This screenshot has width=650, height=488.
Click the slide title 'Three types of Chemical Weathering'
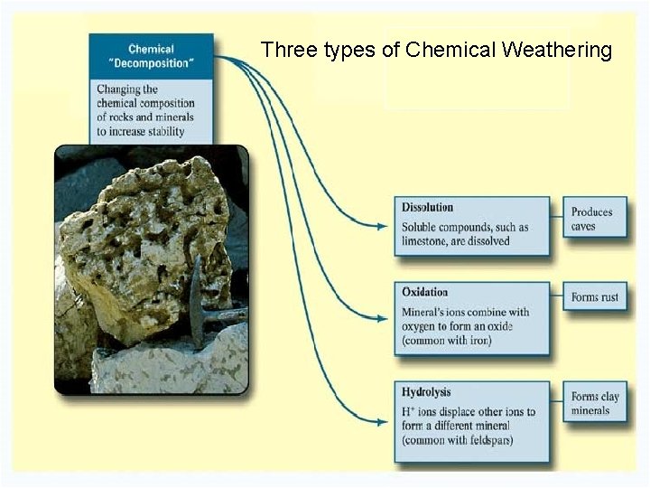coord(436,50)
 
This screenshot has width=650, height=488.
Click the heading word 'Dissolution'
coord(427,208)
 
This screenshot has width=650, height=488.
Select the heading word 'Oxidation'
coord(424,293)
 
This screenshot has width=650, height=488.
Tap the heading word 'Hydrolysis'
coord(426,393)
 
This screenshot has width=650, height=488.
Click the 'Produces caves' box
coord(594,219)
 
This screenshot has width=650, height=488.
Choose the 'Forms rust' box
coord(594,296)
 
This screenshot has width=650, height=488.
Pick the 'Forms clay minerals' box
coord(594,403)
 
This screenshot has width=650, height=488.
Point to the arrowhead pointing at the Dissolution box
coord(382,226)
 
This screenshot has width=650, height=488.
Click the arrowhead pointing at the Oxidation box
coord(382,318)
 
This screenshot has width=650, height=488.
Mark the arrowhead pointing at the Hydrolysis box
coord(382,420)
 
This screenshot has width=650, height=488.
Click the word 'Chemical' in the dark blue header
coord(151,50)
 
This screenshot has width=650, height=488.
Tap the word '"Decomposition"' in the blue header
coord(151,63)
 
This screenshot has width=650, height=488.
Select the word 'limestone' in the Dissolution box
coord(426,241)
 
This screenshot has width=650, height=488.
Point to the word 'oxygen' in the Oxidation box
coord(422,326)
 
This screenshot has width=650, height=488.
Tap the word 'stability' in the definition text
coord(162,131)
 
